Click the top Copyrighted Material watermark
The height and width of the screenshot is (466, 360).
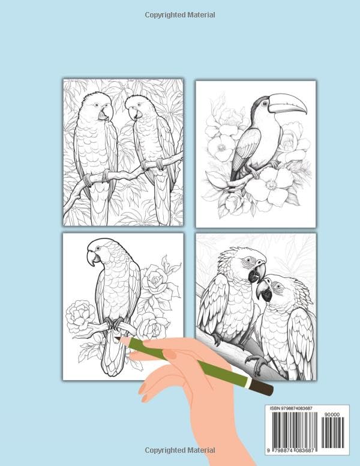[x=180, y=14]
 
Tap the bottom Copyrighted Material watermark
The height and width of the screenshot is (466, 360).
[x=180, y=450]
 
